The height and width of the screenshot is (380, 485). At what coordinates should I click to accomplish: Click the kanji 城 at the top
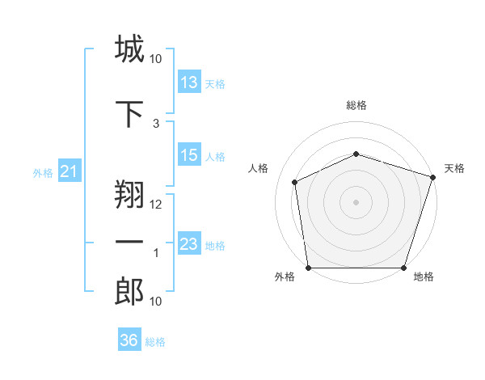point(129,49)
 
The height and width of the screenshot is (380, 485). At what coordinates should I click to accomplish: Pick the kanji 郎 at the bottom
point(129,292)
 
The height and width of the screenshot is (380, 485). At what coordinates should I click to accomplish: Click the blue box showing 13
point(189,82)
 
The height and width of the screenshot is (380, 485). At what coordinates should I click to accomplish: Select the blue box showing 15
point(189,155)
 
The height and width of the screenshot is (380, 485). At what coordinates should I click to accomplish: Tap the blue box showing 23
point(189,244)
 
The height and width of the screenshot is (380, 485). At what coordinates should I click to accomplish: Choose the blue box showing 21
point(69,171)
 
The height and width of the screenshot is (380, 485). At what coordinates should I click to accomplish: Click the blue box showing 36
point(129,340)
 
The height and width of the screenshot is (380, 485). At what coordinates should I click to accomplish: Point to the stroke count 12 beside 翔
point(156,204)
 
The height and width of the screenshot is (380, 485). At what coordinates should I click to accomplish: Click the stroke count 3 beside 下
point(156,123)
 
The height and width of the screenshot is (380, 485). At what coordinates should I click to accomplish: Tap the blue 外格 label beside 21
point(42,172)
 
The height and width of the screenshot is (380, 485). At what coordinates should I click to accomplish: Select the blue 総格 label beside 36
point(155,341)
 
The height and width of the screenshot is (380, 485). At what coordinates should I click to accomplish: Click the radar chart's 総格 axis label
point(356,106)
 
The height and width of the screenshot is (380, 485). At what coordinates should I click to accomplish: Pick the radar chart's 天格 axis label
point(455,168)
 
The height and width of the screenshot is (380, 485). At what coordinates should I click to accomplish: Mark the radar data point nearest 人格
point(295,182)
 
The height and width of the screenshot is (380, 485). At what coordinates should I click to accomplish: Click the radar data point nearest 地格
point(403,268)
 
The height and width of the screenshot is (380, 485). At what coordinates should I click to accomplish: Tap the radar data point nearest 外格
point(309,268)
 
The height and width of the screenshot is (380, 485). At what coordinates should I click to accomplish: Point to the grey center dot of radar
point(356,201)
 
